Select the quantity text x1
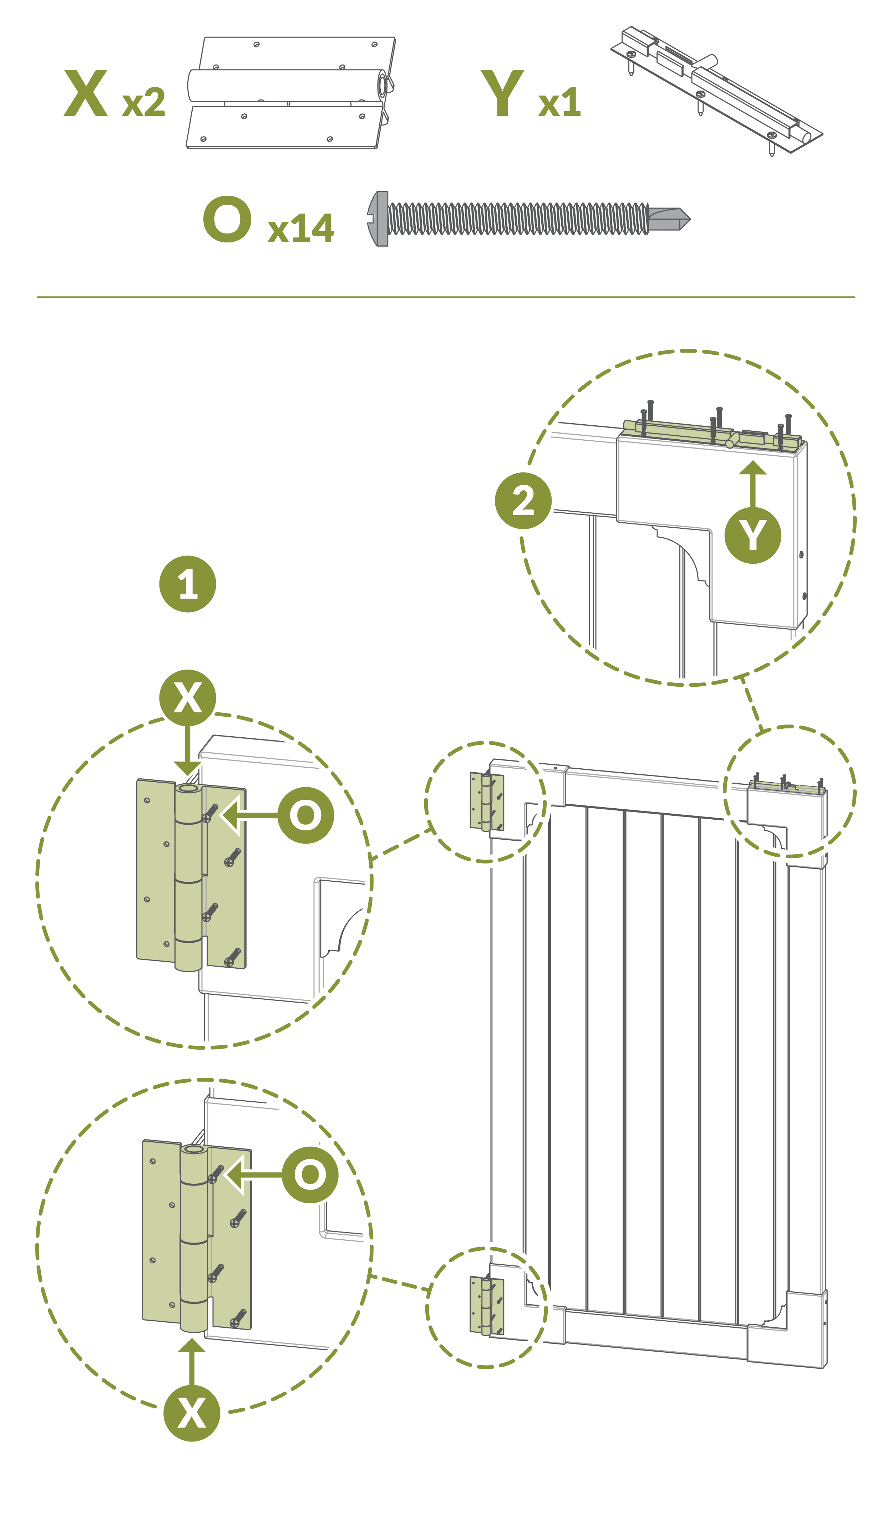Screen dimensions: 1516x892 [560, 103]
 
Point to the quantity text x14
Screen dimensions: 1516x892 [300, 229]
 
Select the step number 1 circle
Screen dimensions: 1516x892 [188, 584]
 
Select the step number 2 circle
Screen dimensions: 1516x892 [523, 501]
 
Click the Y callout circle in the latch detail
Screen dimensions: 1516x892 [752, 535]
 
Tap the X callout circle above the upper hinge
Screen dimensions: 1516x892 [188, 698]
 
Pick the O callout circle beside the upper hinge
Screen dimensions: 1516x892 [306, 815]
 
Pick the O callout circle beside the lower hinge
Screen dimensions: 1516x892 [310, 1174]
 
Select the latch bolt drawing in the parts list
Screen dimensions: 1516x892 [716, 90]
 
